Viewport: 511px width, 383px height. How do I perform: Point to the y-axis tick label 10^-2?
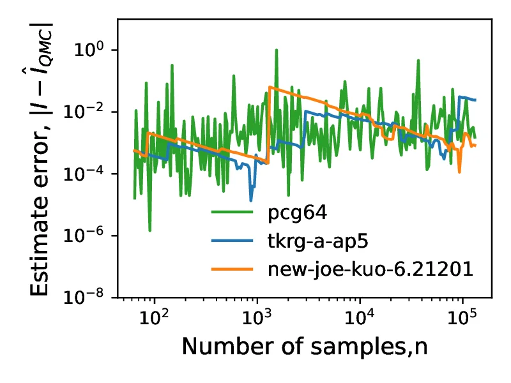[x=89, y=112]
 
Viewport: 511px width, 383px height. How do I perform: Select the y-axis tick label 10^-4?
[x=89, y=174]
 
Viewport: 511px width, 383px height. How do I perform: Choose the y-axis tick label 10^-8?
[x=89, y=297]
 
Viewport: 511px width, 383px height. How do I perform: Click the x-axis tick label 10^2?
[x=154, y=316]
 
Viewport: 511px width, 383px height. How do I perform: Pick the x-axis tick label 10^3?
[x=257, y=316]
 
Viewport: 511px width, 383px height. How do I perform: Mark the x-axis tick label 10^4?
[x=360, y=316]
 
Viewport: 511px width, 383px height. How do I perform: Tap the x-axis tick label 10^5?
[x=462, y=316]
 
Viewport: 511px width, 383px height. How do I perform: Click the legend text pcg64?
[x=293, y=213]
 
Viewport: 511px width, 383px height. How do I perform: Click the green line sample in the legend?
[x=233, y=213]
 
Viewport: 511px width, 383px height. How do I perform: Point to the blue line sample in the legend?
[x=233, y=241]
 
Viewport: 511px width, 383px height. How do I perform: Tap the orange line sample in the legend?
[x=233, y=269]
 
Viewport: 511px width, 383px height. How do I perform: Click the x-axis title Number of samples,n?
[x=304, y=347]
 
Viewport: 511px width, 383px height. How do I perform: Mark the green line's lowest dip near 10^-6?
[x=149, y=230]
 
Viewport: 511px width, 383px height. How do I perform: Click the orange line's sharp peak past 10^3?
[x=270, y=87]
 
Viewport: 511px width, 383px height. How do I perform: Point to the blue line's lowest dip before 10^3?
[x=251, y=200]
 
